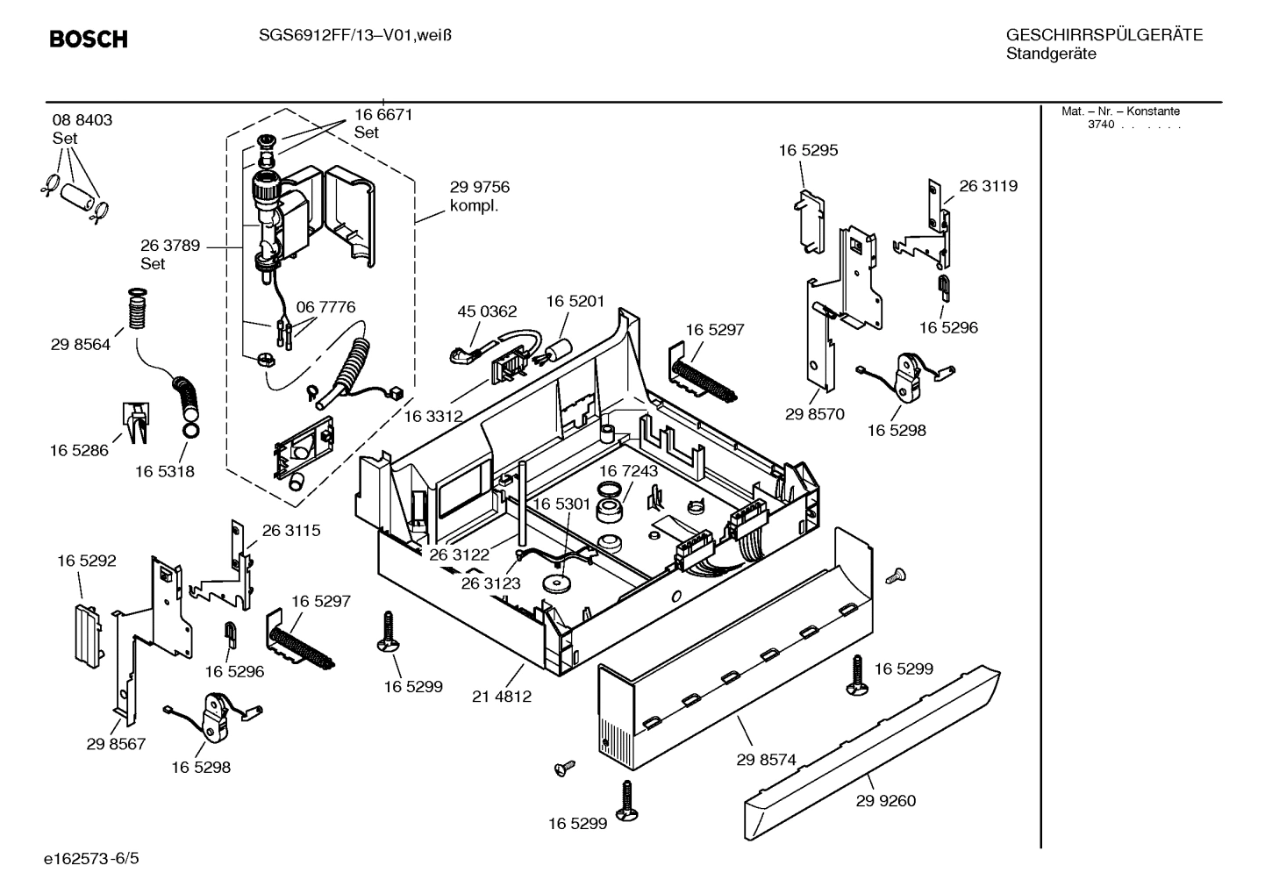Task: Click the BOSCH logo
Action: [x=89, y=39]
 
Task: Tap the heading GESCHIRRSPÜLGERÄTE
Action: [x=1104, y=36]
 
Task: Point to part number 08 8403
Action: [x=82, y=120]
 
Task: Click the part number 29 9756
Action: [x=479, y=187]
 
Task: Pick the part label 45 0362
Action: [x=487, y=311]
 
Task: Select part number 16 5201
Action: [x=575, y=301]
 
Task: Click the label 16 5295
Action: [x=808, y=150]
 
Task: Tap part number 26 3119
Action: [x=988, y=186]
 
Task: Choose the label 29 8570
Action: [x=814, y=414]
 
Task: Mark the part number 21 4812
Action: [x=502, y=697]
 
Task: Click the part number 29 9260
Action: [x=885, y=800]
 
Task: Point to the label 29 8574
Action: [x=766, y=760]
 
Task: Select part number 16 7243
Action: [x=628, y=471]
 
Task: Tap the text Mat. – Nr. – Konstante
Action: [x=1120, y=111]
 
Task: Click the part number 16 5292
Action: [x=87, y=561]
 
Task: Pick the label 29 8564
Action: [x=81, y=345]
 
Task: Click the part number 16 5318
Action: [x=165, y=471]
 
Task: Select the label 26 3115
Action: [x=291, y=531]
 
